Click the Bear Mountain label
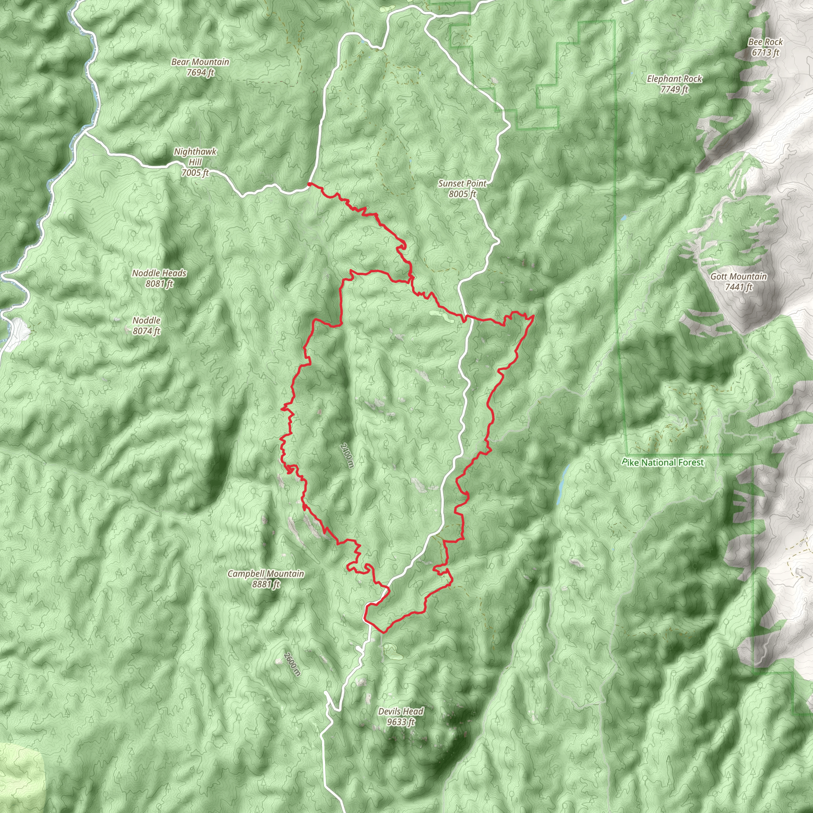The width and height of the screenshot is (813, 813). (200, 62)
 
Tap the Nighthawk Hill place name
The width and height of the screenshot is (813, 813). (195, 156)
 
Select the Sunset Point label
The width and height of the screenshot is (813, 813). (462, 183)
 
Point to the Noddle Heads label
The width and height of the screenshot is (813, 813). (159, 273)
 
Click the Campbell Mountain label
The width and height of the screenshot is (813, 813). (266, 574)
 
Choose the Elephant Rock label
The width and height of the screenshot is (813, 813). (674, 79)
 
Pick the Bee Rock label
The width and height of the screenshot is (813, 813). (765, 42)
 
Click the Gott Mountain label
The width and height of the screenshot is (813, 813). (738, 276)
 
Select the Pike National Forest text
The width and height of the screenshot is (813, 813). (663, 462)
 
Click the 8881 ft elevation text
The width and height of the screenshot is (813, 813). (266, 584)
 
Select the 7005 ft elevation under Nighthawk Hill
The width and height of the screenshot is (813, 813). (195, 173)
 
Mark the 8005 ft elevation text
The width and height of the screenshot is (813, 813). (462, 194)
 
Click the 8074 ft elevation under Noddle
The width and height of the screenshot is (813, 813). (146, 331)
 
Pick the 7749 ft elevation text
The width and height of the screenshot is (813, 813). (674, 89)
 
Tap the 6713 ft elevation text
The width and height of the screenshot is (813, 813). (765, 53)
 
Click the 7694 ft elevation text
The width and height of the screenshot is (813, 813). (200, 72)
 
